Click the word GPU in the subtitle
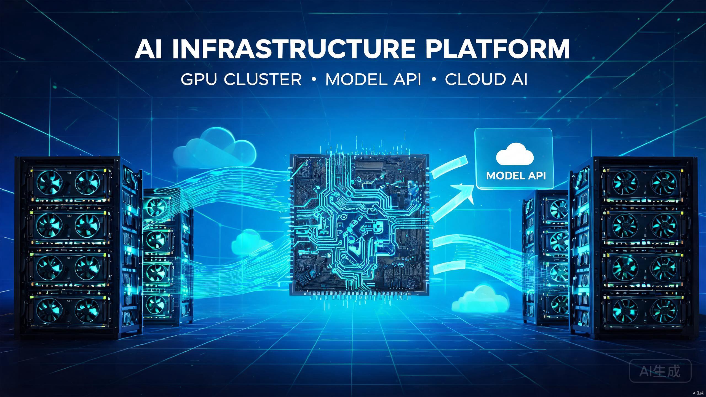pos(199,79)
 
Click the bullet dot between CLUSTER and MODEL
pos(313,79)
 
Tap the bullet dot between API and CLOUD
pos(434,79)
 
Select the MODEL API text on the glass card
pos(516,176)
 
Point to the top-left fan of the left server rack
pos(50,182)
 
